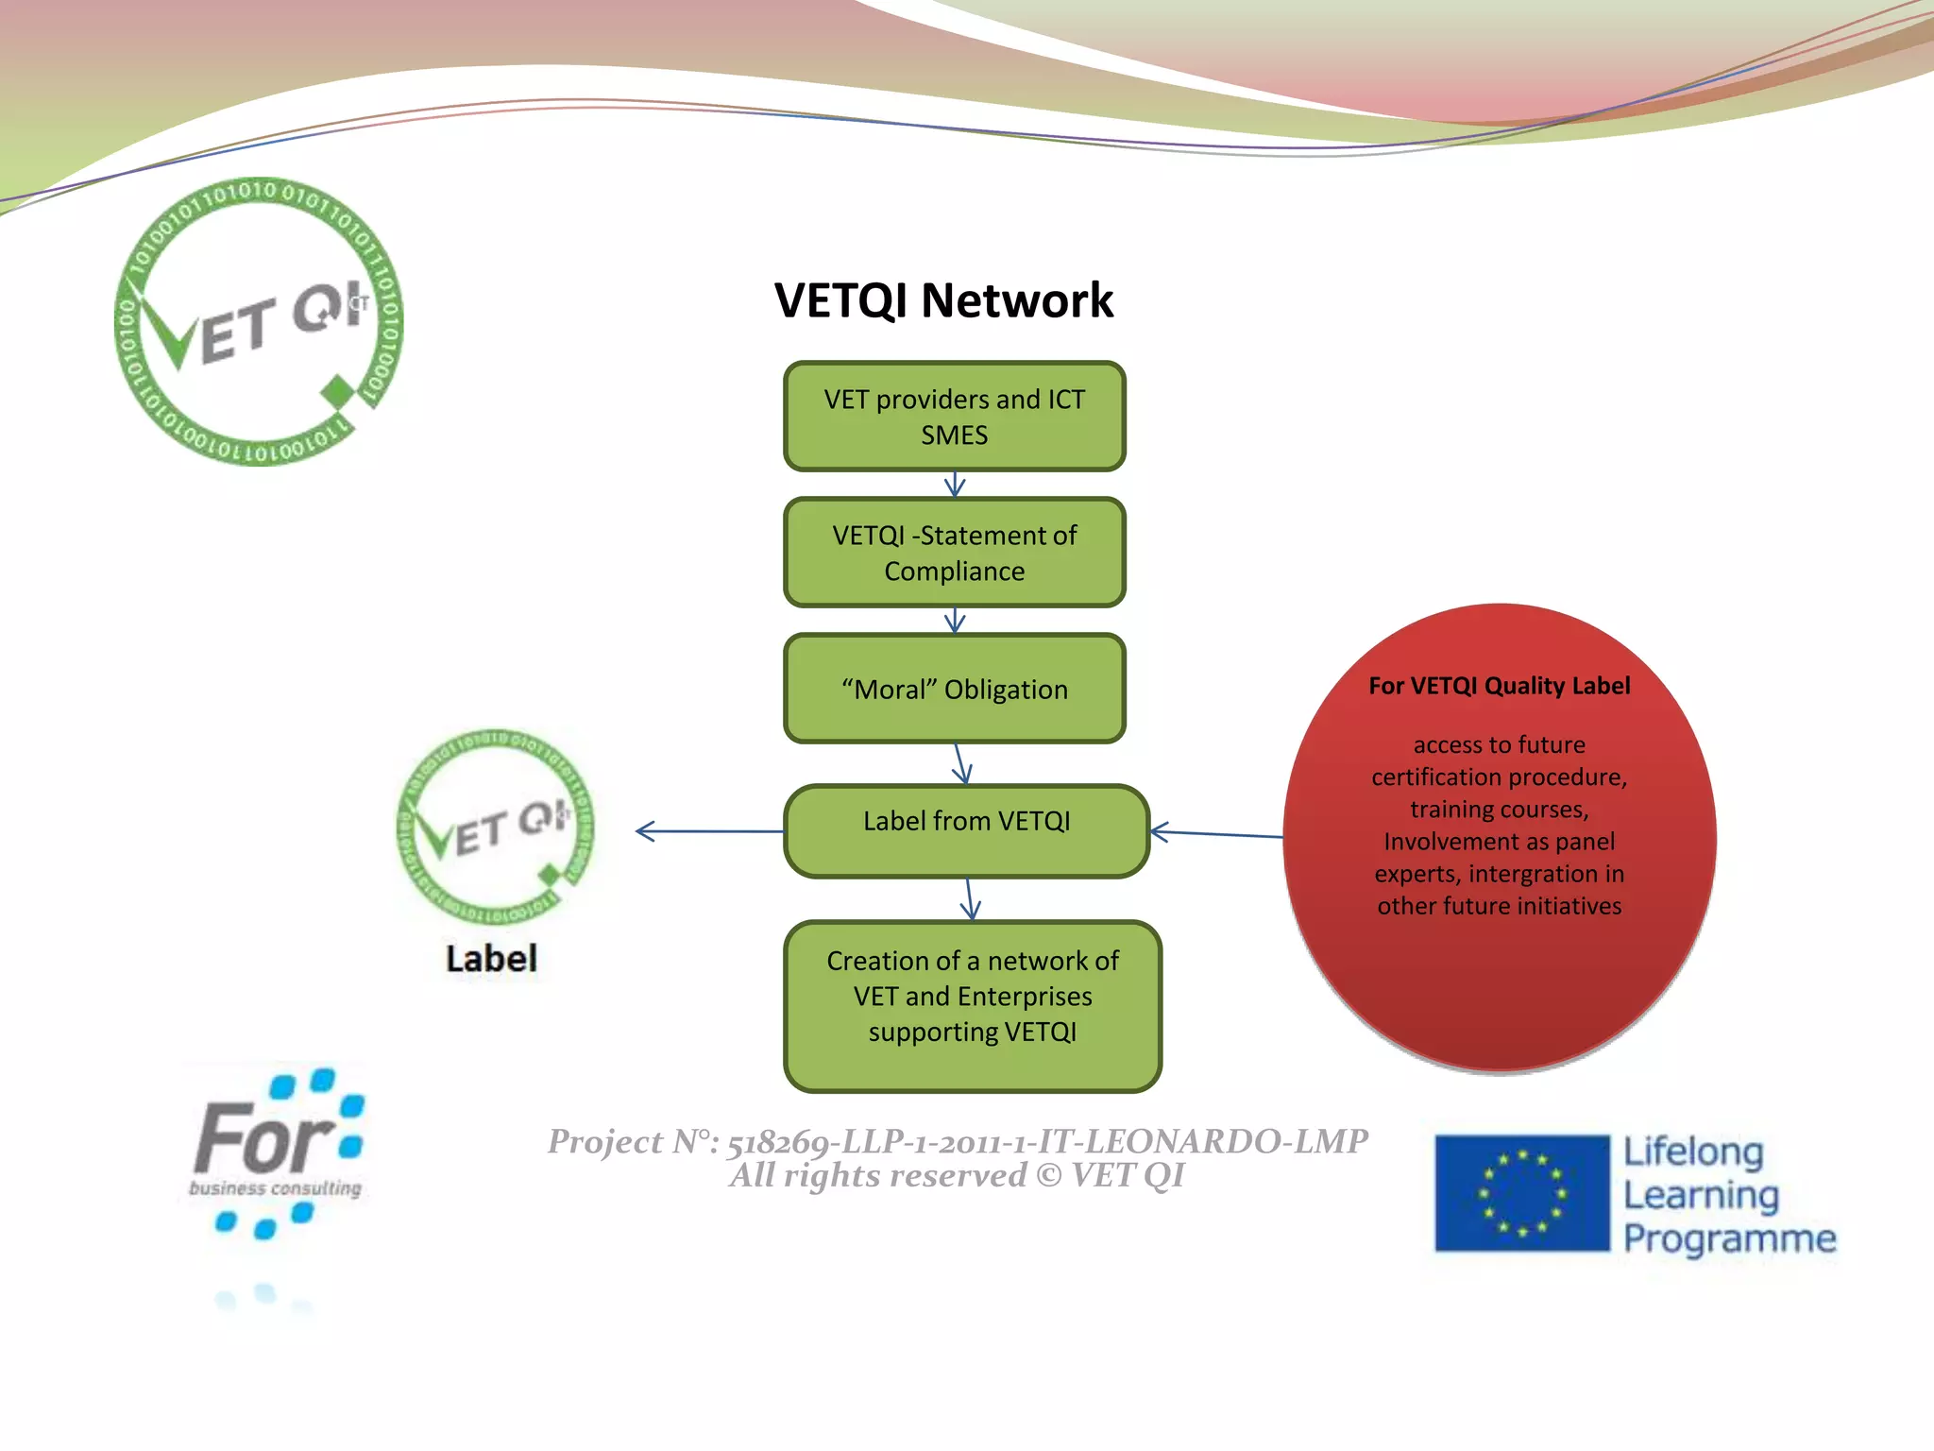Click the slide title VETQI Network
[943, 300]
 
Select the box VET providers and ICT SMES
[954, 417]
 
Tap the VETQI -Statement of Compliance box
[954, 553]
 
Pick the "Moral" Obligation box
[954, 689]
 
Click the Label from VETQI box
[966, 830]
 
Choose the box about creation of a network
[972, 1005]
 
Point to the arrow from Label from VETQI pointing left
[708, 831]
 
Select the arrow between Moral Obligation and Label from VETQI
[960, 763]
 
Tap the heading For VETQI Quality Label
[1499, 686]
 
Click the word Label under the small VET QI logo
[491, 959]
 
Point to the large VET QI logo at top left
[258, 321]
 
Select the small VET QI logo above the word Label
[496, 827]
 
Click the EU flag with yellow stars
[1521, 1193]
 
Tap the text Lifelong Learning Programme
[1727, 1195]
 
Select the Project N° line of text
[957, 1142]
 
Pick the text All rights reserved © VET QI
[957, 1176]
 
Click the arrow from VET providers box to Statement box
[955, 484]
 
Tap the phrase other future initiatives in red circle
[1499, 906]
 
